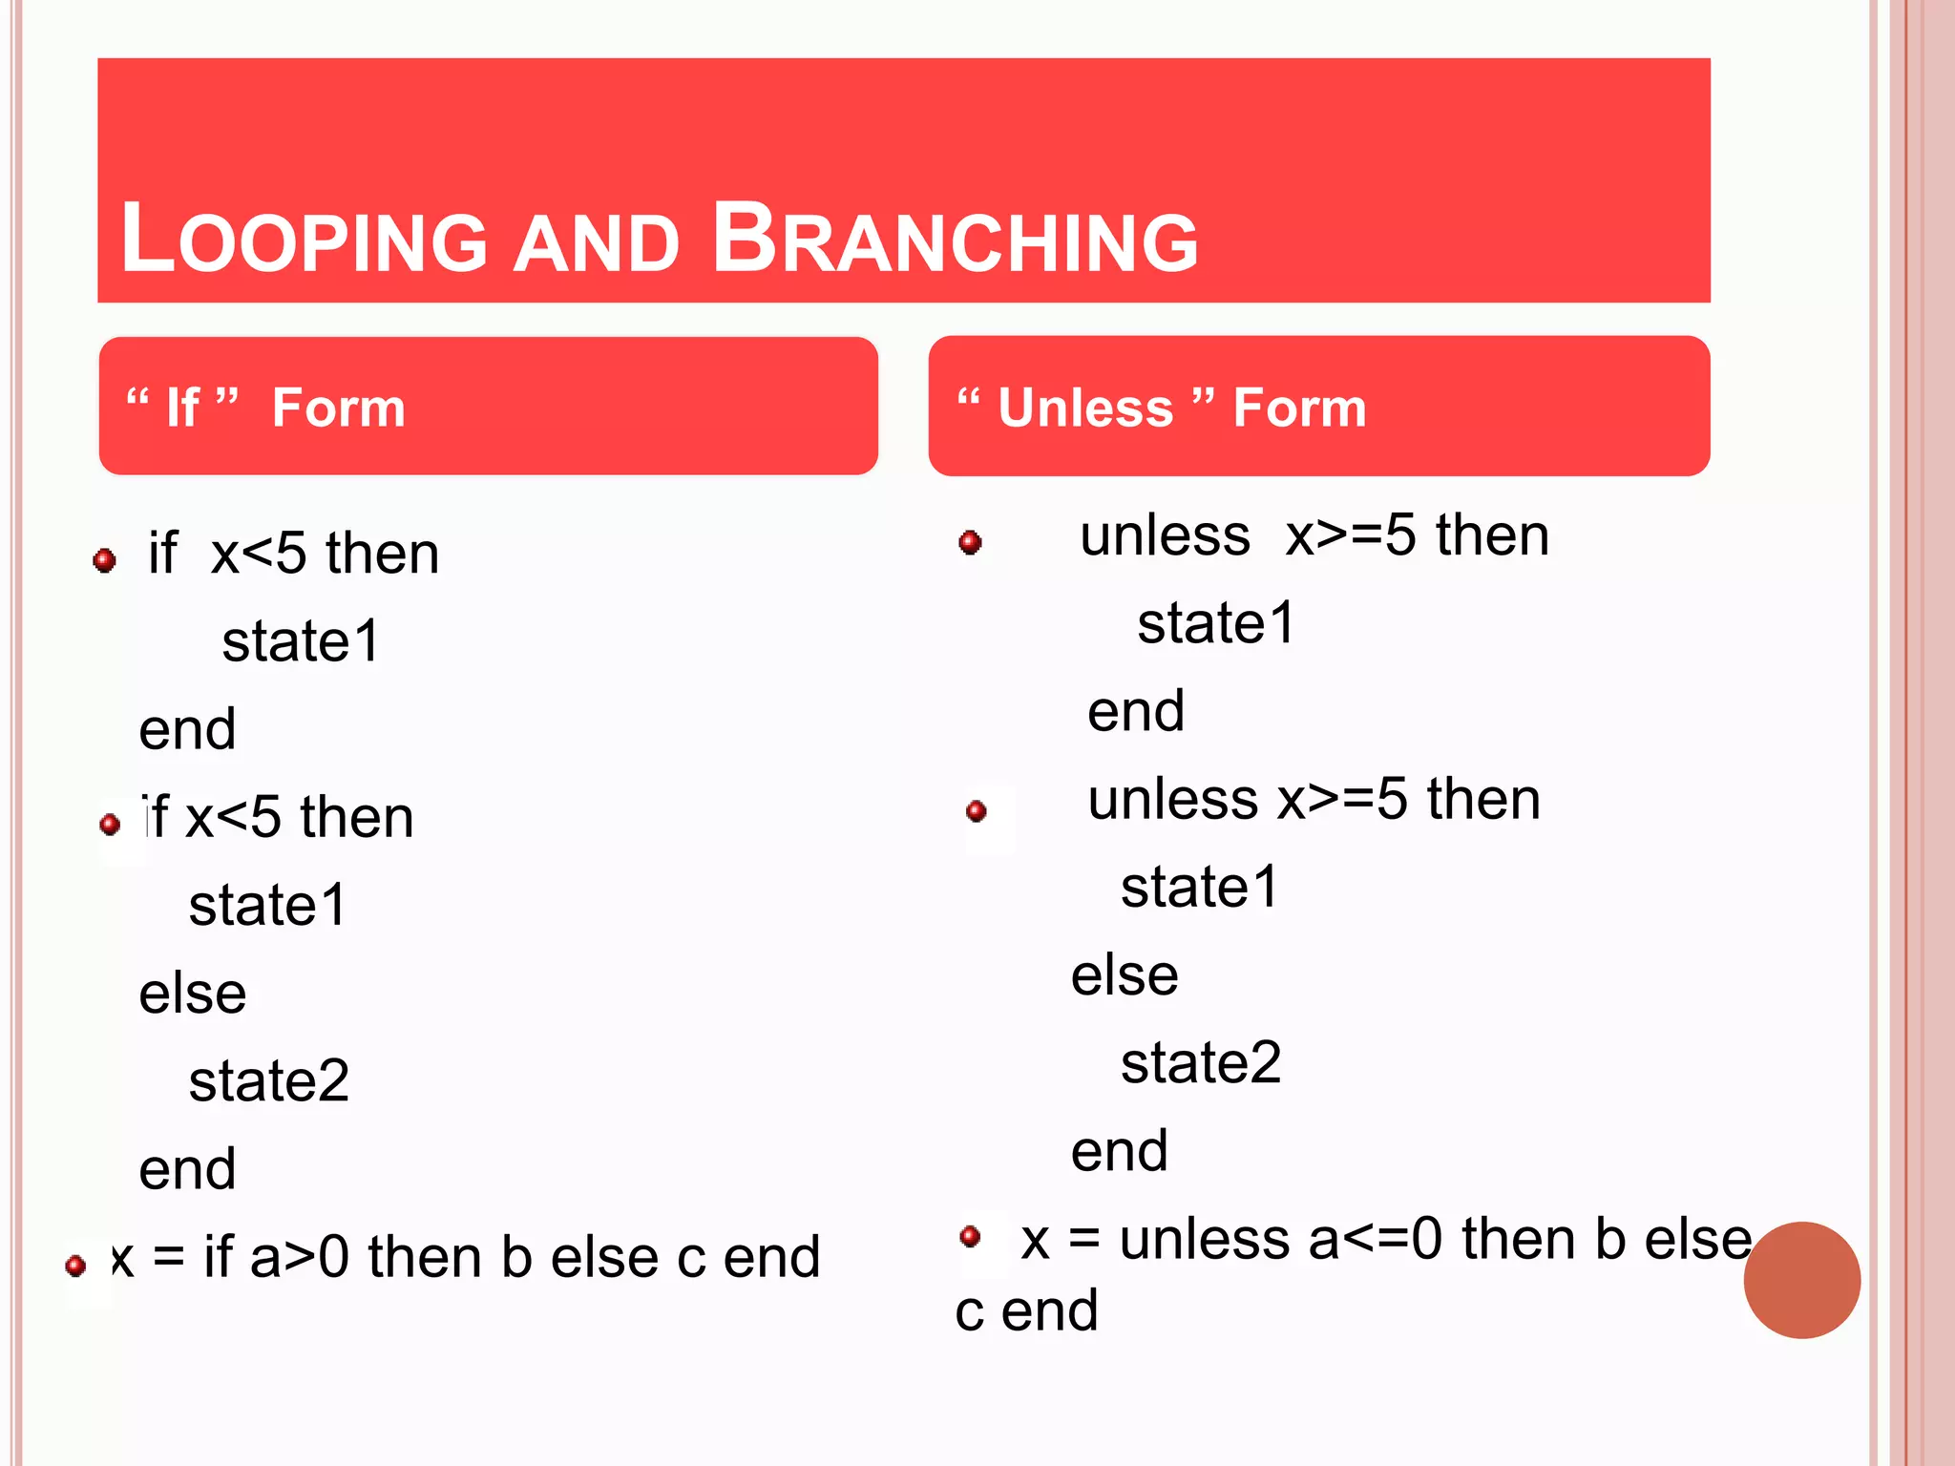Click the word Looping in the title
[x=304, y=239]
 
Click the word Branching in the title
[x=955, y=239]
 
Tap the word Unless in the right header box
[x=1085, y=408]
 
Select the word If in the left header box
[x=182, y=408]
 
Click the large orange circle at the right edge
[x=1801, y=1280]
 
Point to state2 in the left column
[x=269, y=1081]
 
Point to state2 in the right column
[x=1200, y=1063]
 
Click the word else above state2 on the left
[x=193, y=994]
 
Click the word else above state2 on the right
[x=1125, y=975]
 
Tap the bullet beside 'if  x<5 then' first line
[x=105, y=559]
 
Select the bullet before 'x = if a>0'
[x=76, y=1266]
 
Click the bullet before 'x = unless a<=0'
[x=971, y=1236]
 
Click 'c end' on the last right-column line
[x=1026, y=1310]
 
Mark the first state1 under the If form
[x=301, y=641]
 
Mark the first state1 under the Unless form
[x=1215, y=623]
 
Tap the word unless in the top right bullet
[x=1165, y=535]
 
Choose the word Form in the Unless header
[x=1299, y=408]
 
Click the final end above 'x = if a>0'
[x=187, y=1169]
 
